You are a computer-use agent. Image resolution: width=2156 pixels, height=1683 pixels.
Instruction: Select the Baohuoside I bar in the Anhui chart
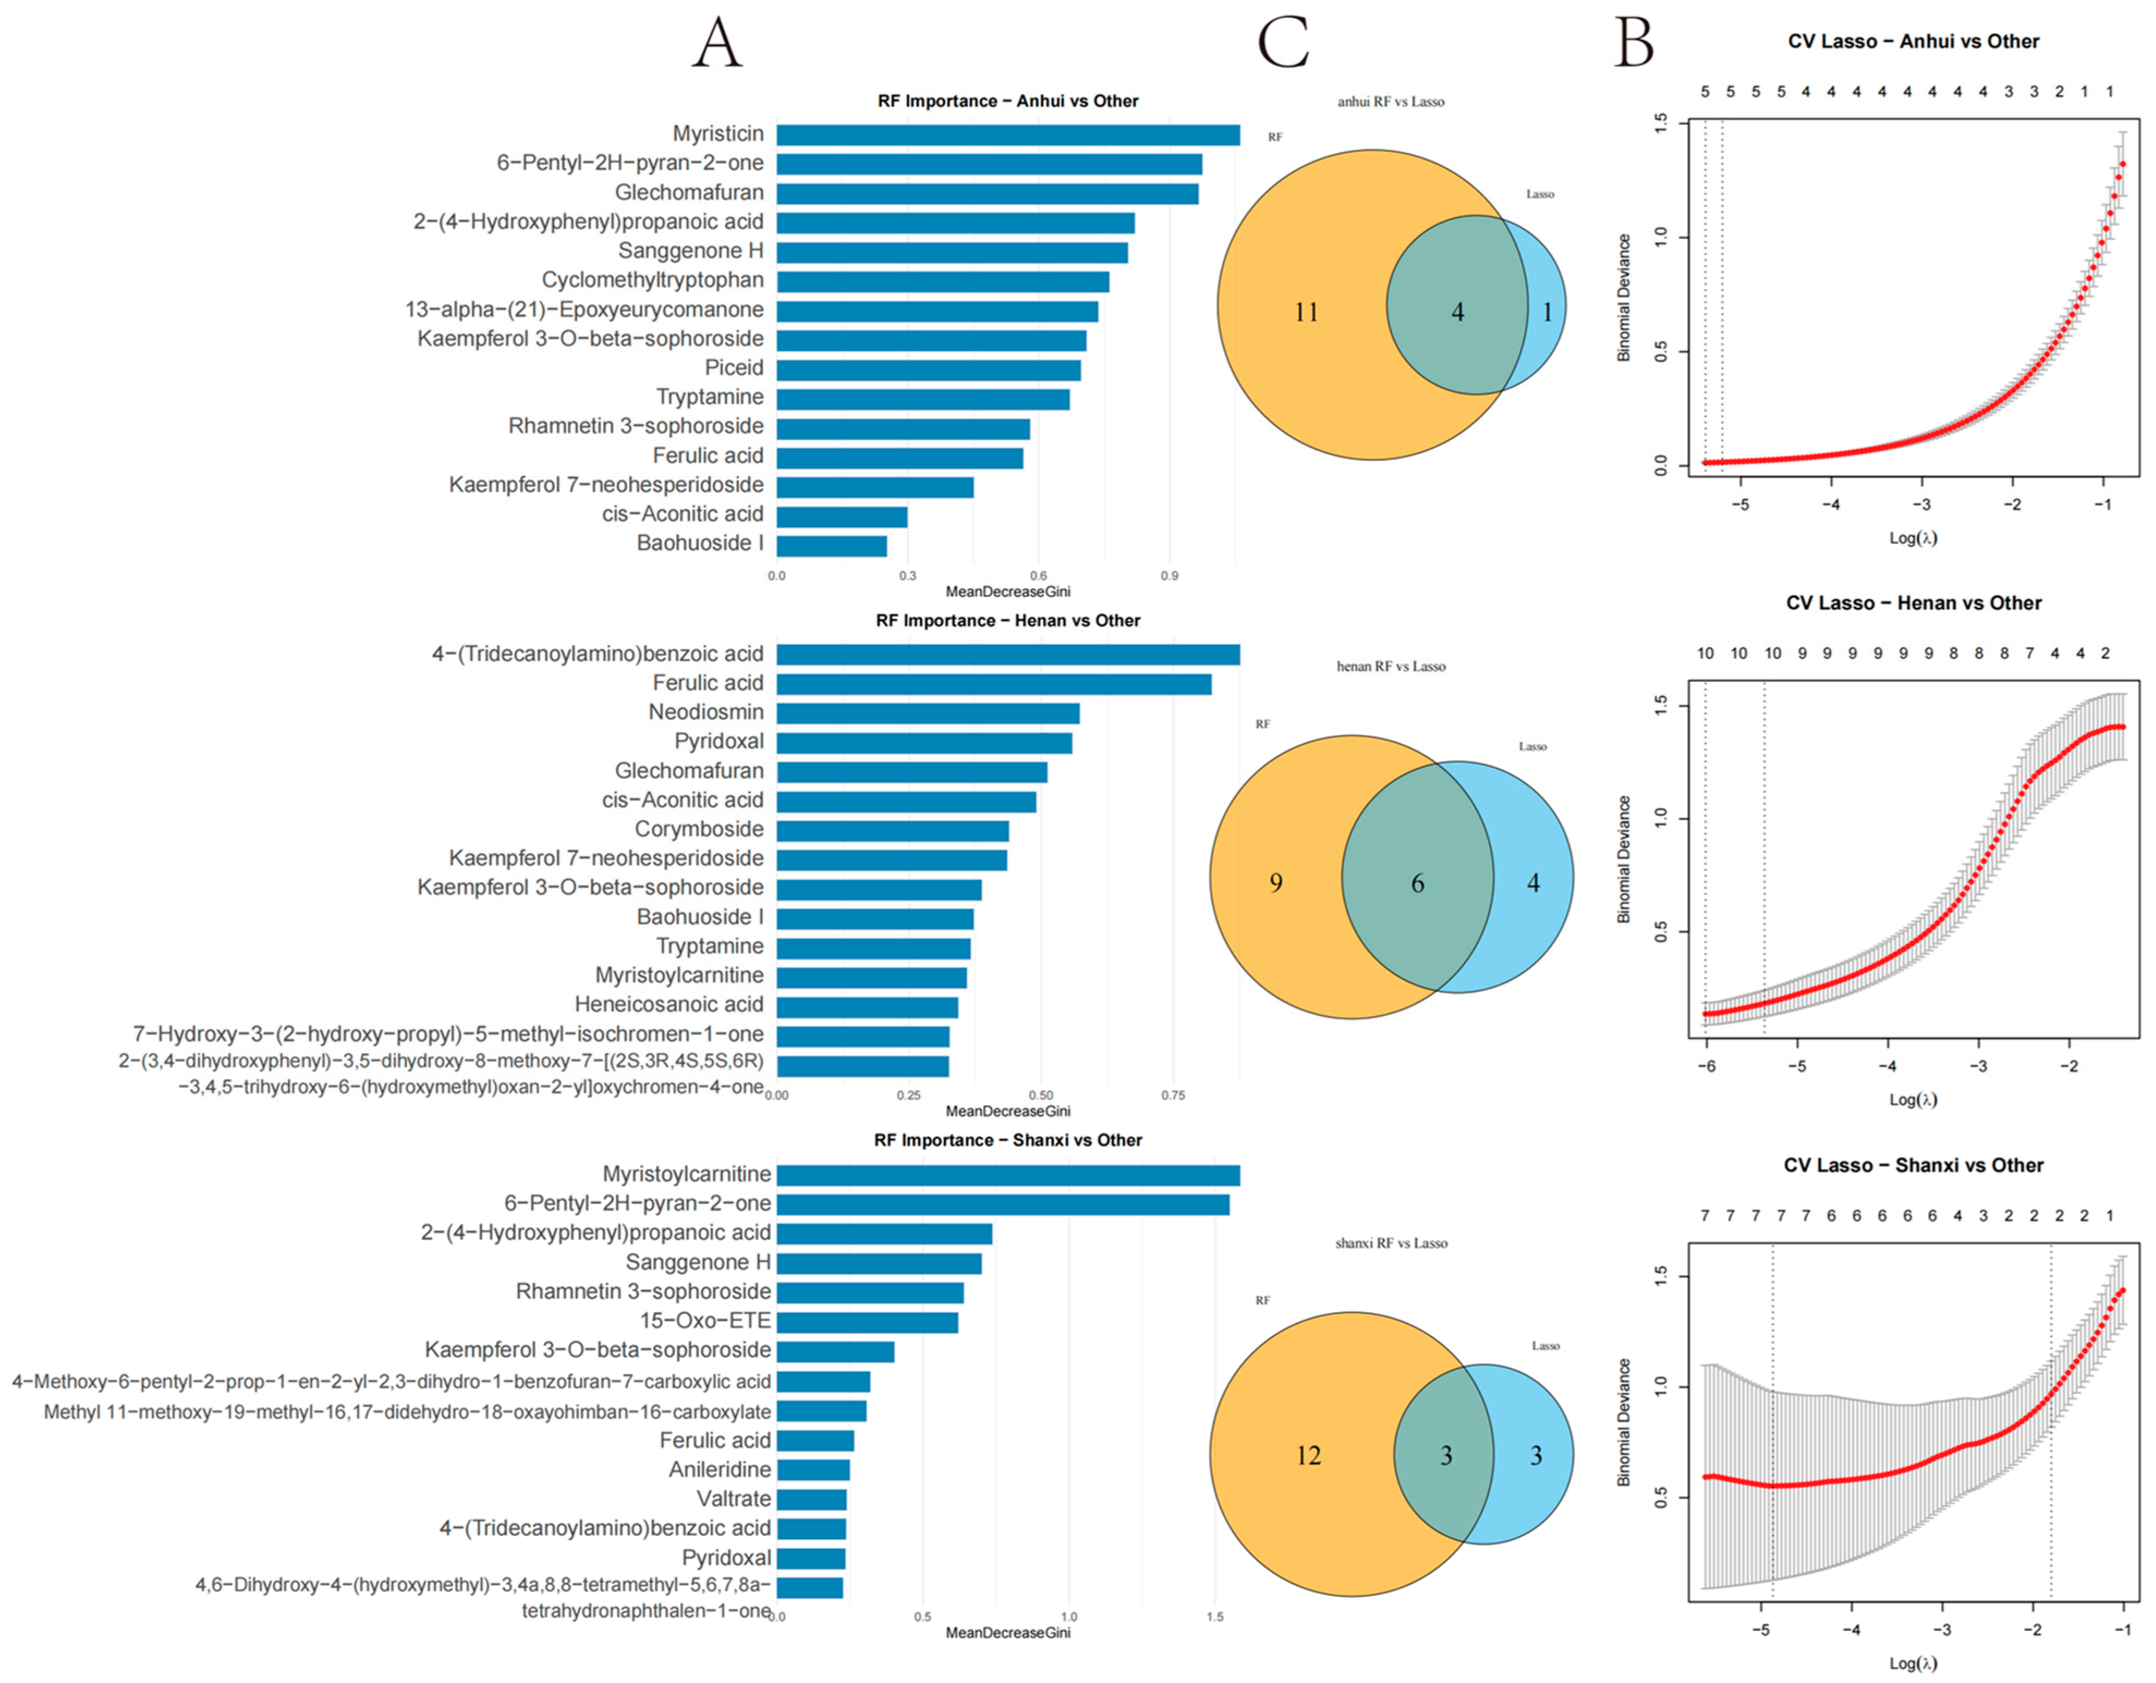tap(831, 545)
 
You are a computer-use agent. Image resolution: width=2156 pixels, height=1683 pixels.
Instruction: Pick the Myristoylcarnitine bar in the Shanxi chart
tap(1007, 1175)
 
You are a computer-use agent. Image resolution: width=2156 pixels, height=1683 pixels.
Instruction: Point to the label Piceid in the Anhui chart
tap(734, 368)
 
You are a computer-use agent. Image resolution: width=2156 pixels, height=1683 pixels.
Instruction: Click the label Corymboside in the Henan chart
tap(699, 829)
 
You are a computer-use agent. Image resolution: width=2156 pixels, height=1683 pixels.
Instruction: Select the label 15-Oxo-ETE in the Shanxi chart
tap(705, 1321)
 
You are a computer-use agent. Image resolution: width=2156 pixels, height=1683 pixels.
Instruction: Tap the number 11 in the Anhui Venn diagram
tap(1306, 313)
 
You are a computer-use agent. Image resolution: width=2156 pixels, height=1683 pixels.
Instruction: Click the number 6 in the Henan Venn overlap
tap(1417, 883)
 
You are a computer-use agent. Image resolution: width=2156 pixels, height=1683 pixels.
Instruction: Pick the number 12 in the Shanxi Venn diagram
tap(1308, 1456)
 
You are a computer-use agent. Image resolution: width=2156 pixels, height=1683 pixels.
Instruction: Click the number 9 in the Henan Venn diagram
tap(1275, 883)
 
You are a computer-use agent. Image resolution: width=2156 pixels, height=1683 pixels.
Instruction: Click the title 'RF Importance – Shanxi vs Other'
tap(1007, 1140)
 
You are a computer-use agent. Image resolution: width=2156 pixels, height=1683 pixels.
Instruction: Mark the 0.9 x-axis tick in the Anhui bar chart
tap(1169, 576)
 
